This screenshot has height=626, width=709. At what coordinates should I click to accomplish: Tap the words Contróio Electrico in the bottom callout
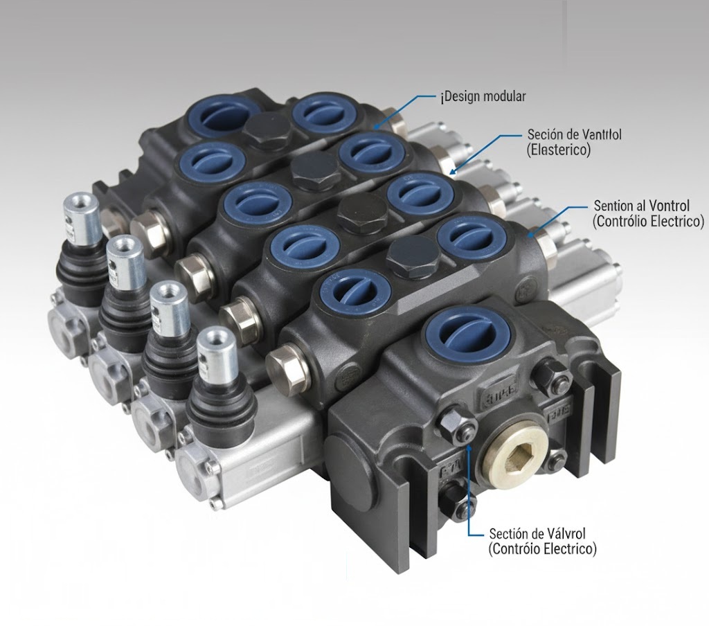[x=541, y=549]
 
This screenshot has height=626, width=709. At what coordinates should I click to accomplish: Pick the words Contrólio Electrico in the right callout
[x=648, y=222]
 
